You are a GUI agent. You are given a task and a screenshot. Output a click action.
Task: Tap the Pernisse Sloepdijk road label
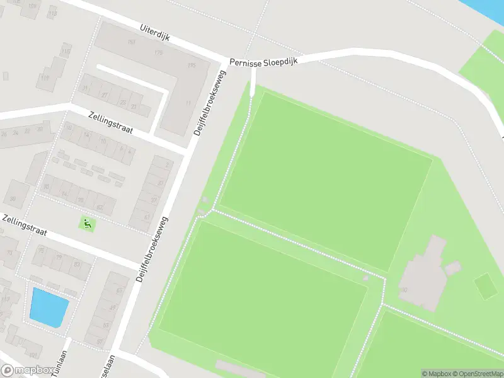(x=263, y=61)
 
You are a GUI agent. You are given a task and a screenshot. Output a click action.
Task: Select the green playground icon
(x=87, y=222)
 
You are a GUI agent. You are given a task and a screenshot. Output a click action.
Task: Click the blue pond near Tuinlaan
(x=49, y=307)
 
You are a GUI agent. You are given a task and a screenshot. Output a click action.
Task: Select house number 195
(x=192, y=66)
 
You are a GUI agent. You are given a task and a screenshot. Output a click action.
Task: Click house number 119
(x=45, y=78)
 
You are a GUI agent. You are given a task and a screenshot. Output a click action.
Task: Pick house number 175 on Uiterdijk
(x=158, y=53)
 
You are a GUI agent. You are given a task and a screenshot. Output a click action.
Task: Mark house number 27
(x=105, y=95)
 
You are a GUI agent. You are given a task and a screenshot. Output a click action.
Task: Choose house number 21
(x=134, y=106)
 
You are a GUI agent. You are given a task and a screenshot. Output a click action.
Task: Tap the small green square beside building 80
(x=485, y=285)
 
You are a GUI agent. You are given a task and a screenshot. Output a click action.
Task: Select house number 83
(x=77, y=264)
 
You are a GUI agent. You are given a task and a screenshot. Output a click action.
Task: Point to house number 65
(x=119, y=290)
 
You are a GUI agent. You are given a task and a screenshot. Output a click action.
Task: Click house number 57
(x=100, y=341)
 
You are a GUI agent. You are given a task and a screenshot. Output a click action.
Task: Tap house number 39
(x=12, y=198)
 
